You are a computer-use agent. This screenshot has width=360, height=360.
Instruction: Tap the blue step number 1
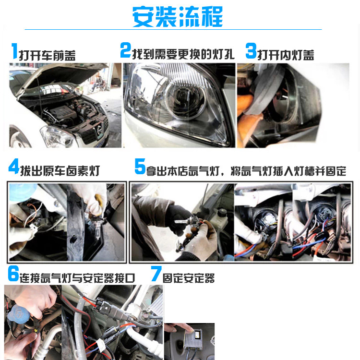(14, 52)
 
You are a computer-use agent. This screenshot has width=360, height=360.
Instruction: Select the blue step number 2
(125, 50)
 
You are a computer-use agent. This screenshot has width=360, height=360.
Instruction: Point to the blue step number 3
(251, 51)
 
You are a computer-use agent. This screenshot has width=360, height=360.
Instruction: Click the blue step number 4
(14, 168)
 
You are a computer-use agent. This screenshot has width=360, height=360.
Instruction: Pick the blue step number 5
(140, 168)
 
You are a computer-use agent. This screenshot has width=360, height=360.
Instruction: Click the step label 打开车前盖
(47, 55)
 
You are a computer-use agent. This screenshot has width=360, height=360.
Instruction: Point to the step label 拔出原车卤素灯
(60, 170)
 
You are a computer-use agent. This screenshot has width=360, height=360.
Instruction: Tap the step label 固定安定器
(189, 278)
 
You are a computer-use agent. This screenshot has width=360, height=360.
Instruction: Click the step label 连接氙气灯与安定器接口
(77, 277)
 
